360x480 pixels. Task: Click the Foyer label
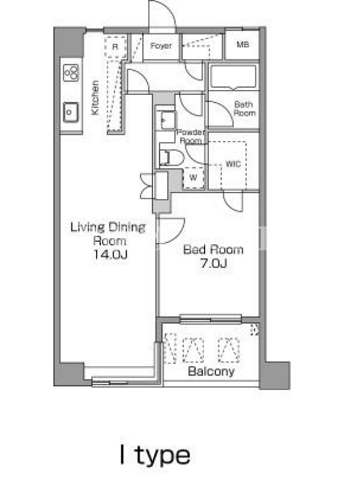click(161, 46)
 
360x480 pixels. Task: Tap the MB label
click(243, 44)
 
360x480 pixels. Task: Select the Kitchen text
click(95, 98)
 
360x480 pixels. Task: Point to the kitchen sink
click(71, 112)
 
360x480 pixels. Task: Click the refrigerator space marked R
click(115, 47)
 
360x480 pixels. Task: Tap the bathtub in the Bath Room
click(233, 77)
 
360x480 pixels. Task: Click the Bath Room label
click(244, 109)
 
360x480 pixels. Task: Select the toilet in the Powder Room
click(171, 158)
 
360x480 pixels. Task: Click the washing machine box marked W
click(193, 177)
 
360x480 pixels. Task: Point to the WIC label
click(233, 164)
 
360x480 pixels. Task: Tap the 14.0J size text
click(110, 254)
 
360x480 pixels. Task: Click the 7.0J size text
click(214, 263)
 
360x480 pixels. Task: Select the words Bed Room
click(214, 250)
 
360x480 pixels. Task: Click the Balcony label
click(211, 371)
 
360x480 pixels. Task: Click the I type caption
click(155, 457)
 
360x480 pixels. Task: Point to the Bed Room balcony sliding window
click(211, 319)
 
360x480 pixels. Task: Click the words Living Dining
click(108, 227)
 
